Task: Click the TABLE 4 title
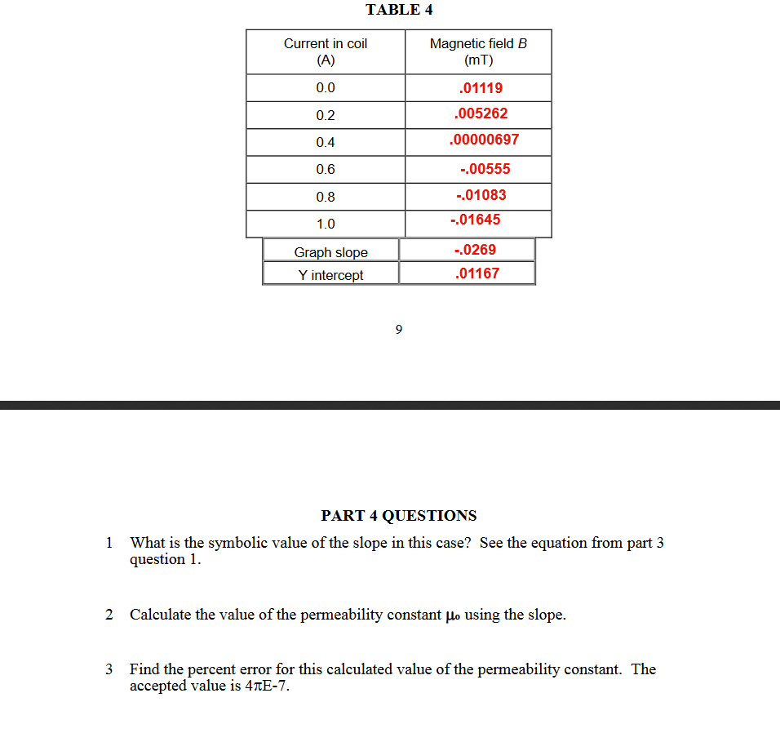(x=399, y=10)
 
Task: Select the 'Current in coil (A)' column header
(x=326, y=51)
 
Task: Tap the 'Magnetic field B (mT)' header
(x=478, y=51)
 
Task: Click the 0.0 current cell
(x=326, y=88)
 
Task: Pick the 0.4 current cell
(x=326, y=142)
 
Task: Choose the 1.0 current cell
(x=326, y=224)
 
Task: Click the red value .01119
(x=481, y=87)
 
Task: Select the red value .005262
(x=481, y=113)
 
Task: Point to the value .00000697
(x=484, y=140)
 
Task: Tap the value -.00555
(x=485, y=169)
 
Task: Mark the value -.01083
(x=481, y=195)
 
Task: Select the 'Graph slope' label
(x=331, y=252)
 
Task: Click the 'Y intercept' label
(x=330, y=275)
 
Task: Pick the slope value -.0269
(x=474, y=250)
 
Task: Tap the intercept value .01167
(x=476, y=273)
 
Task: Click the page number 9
(x=398, y=330)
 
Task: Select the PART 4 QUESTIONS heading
(x=399, y=516)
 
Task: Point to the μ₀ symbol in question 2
(x=453, y=615)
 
